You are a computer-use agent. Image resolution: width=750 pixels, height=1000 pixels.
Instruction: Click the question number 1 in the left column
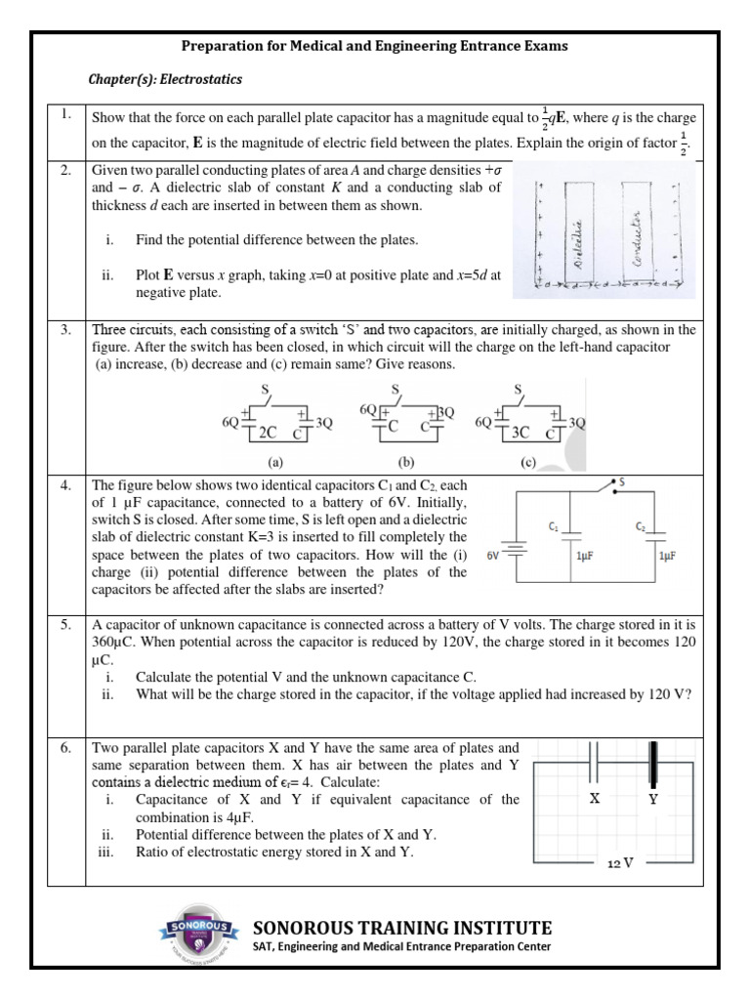pyautogui.click(x=64, y=115)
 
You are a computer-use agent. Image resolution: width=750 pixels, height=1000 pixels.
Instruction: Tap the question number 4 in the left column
pyautogui.click(x=64, y=484)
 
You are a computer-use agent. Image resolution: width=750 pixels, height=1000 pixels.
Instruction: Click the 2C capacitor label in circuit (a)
pyautogui.click(x=268, y=430)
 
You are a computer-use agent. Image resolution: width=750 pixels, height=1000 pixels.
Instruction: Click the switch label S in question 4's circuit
pyautogui.click(x=623, y=481)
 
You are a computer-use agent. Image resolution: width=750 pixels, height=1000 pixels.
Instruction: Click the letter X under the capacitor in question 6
pyautogui.click(x=593, y=798)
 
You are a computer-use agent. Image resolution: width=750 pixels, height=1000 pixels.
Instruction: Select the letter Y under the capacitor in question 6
pyautogui.click(x=653, y=799)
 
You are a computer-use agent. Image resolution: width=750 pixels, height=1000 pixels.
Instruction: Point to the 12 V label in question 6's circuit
pyautogui.click(x=622, y=864)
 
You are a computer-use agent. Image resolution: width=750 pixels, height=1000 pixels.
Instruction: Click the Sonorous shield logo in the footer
pyautogui.click(x=198, y=937)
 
